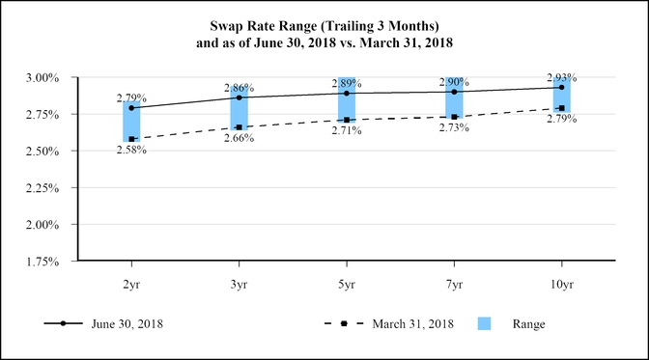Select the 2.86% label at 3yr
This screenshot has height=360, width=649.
click(239, 87)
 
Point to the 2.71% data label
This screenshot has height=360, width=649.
click(347, 131)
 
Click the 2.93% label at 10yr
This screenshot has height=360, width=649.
click(561, 77)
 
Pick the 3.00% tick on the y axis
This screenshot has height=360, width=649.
click(44, 77)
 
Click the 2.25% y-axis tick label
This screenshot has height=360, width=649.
click(44, 187)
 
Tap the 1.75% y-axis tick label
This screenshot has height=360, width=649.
click(44, 261)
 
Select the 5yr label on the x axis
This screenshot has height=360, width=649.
click(347, 285)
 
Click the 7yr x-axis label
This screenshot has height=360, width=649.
click(454, 285)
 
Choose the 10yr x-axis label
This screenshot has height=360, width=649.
click(561, 285)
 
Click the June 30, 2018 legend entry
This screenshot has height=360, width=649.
click(126, 324)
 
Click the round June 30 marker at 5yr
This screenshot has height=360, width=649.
click(347, 94)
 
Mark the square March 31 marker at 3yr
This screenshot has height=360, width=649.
click(239, 126)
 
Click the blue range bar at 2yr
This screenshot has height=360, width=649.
click(131, 121)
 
